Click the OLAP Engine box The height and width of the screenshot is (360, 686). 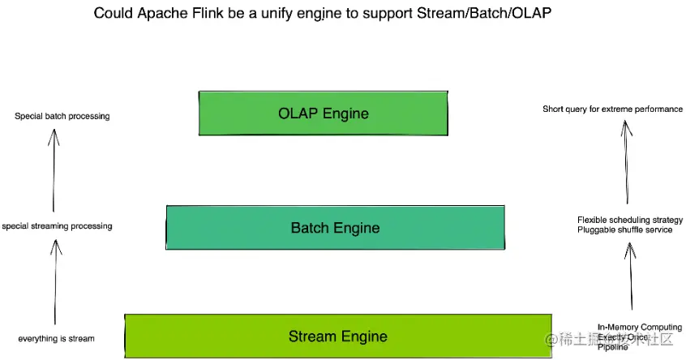[323, 114]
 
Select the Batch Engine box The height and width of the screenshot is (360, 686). [335, 228]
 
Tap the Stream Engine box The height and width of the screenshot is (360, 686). [337, 336]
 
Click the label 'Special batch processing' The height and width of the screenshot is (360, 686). [62, 117]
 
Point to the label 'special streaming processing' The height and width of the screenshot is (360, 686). [57, 226]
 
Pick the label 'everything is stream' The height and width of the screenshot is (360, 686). [57, 338]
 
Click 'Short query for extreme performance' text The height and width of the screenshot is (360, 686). [612, 109]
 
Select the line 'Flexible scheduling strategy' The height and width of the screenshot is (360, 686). [628, 220]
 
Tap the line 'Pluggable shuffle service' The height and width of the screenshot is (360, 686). [624, 230]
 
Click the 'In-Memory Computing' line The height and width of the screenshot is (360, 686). [639, 328]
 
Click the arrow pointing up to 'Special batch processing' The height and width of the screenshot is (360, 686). [54, 170]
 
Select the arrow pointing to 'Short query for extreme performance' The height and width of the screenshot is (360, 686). [626, 162]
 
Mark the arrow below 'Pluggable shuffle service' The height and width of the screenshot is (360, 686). [628, 276]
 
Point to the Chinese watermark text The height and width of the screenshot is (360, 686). [615, 339]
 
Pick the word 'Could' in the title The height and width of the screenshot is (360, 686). [110, 14]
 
